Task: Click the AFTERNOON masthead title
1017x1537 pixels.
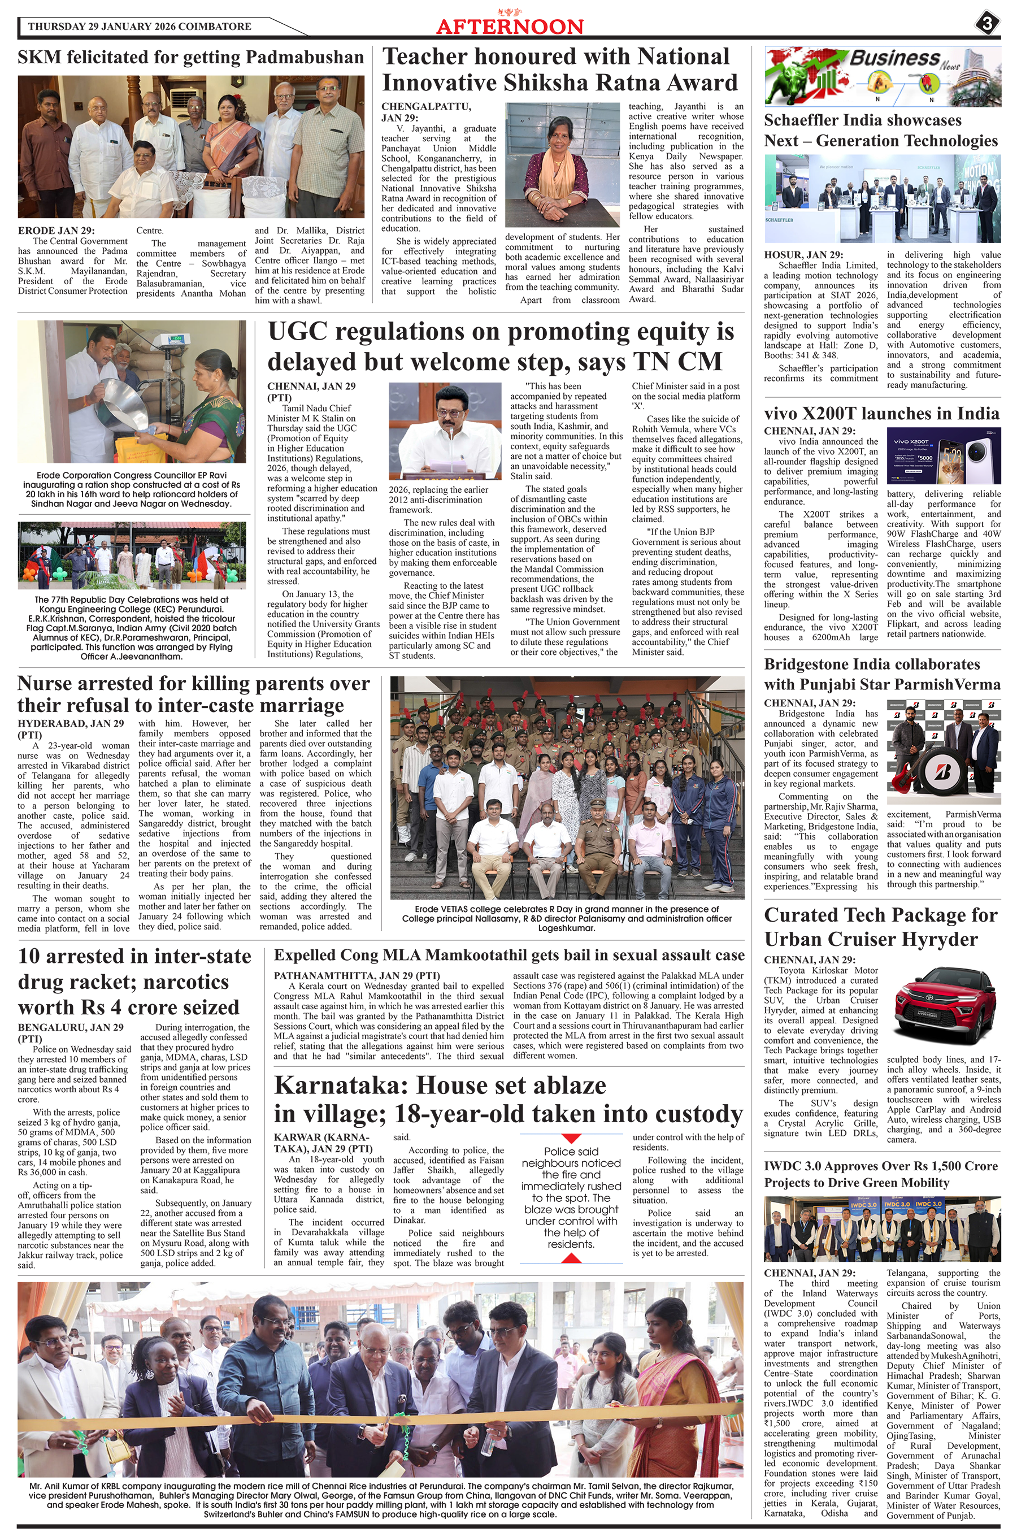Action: pyautogui.click(x=510, y=27)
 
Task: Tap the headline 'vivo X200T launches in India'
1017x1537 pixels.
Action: pyautogui.click(x=881, y=414)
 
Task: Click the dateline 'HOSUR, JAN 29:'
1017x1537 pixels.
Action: pyautogui.click(x=803, y=255)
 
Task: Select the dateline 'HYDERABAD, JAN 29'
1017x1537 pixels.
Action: pyautogui.click(x=71, y=724)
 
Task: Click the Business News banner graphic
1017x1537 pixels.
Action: pyautogui.click(x=882, y=76)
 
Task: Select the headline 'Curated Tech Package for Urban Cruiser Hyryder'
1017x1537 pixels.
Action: pyautogui.click(x=880, y=927)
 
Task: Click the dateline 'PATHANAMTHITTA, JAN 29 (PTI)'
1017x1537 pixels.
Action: pyautogui.click(x=357, y=975)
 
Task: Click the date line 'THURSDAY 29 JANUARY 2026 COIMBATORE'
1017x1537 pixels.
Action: pyautogui.click(x=140, y=27)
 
